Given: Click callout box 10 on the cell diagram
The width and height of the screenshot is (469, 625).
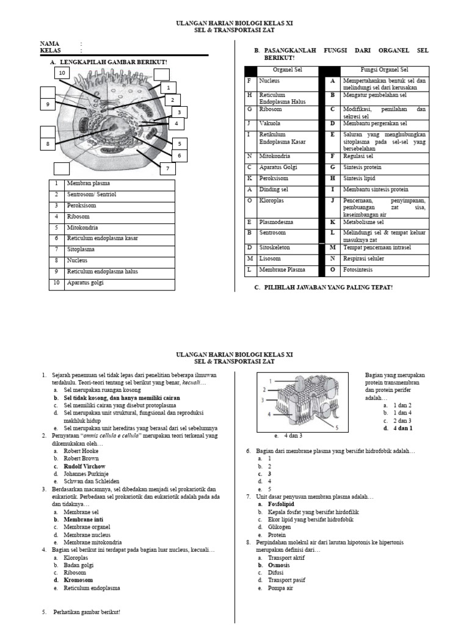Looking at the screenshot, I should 61,73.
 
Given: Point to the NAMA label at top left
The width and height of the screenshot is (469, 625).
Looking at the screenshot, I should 49,44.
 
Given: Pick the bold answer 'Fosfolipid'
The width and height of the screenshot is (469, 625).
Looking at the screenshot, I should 281,505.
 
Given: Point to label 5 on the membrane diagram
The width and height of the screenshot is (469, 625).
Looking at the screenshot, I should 336,428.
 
